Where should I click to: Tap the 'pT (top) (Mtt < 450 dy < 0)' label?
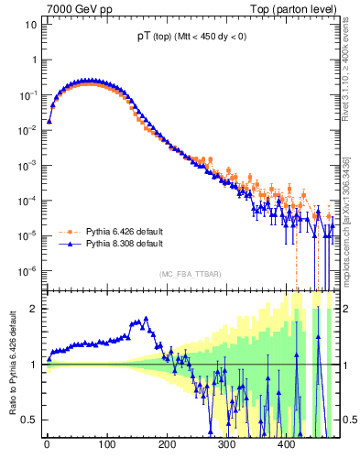tap(189, 38)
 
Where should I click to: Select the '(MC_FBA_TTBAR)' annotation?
tap(190, 274)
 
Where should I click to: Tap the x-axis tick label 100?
tap(107, 446)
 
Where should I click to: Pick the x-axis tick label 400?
tap(287, 446)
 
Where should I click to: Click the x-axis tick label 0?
tap(48, 446)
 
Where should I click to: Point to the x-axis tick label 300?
tap(227, 446)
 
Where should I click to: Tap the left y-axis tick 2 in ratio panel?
tap(36, 308)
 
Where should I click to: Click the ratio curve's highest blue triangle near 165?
tap(145, 320)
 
